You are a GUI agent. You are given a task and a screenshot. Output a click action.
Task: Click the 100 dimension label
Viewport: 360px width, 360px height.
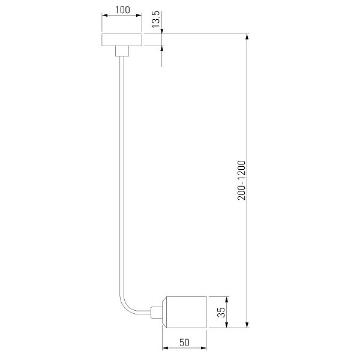[122, 10]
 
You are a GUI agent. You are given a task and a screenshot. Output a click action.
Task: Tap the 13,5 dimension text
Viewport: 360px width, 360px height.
[156, 19]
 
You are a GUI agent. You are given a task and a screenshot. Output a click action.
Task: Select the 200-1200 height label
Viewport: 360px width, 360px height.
[241, 181]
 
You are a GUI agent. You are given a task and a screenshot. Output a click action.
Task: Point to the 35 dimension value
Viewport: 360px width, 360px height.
[221, 312]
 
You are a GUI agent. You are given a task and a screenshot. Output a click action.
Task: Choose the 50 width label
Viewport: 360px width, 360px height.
[184, 343]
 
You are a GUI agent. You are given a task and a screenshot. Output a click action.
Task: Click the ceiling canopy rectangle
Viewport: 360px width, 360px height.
[122, 40]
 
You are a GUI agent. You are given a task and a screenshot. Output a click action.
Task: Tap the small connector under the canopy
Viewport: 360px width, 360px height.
[122, 51]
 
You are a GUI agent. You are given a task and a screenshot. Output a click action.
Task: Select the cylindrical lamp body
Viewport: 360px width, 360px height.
[184, 312]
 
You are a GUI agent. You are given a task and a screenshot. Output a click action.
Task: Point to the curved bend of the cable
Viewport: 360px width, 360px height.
[125, 304]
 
